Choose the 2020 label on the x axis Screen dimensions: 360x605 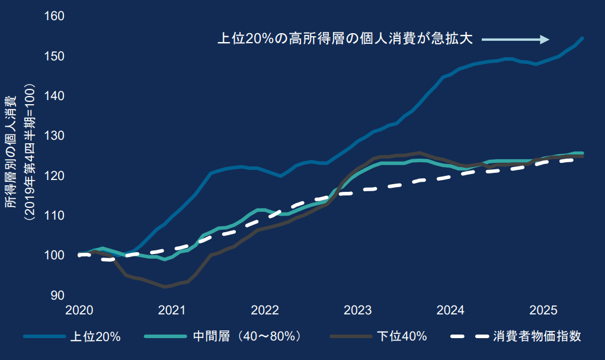pos(79,311)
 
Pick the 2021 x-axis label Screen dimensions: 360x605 pos(172,311)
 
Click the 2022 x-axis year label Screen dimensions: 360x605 pos(265,311)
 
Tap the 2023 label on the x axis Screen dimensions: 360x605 pos(357,311)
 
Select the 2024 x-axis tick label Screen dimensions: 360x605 pos(450,311)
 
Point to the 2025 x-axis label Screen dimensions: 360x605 pos(543,311)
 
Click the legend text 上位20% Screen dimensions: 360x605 pos(95,337)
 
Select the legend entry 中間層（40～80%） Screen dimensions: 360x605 pos(252,337)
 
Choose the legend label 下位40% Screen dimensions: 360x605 pos(402,337)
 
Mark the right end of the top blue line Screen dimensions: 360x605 pos(582,38)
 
